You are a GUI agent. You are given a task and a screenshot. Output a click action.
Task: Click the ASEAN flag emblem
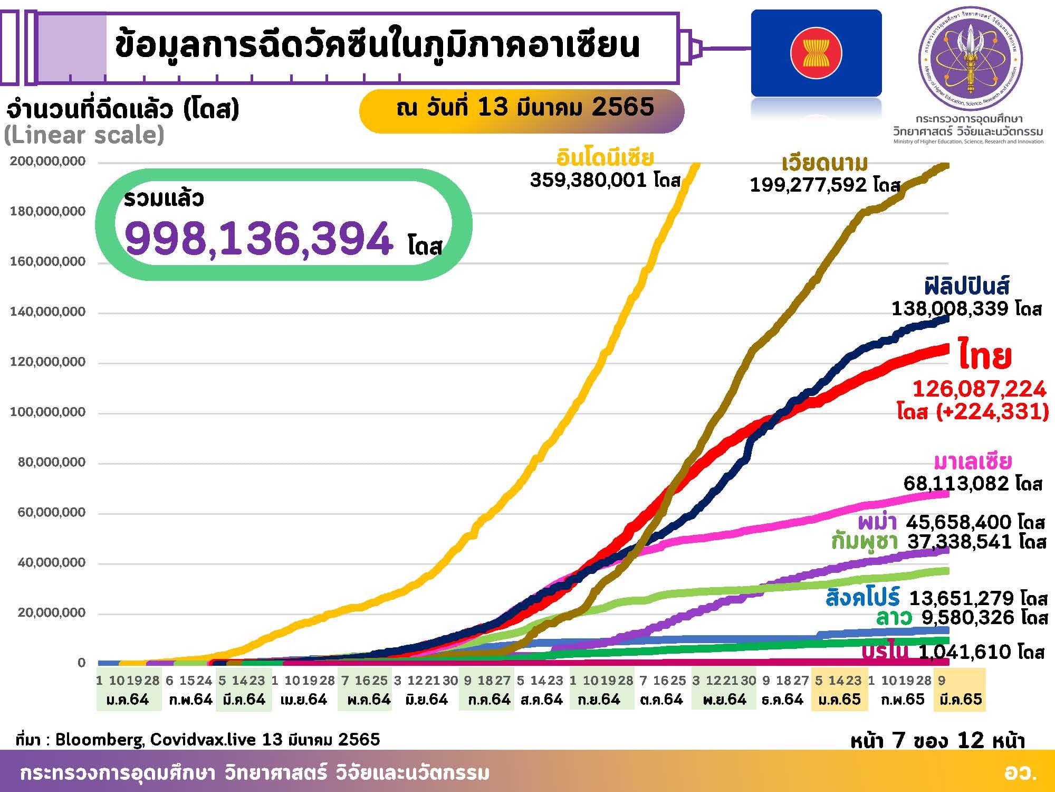816,53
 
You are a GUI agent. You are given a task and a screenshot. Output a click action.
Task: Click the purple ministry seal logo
971,59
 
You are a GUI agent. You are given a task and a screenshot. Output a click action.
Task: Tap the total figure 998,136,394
259,239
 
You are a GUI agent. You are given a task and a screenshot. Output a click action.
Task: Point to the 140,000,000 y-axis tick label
47,312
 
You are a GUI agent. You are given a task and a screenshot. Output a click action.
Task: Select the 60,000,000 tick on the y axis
52,512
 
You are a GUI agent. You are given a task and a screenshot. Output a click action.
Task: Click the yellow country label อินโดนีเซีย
605,158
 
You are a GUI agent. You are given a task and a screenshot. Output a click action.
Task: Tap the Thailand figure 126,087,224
979,389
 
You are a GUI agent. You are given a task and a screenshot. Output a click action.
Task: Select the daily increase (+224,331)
992,411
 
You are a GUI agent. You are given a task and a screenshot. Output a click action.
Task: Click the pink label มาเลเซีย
973,462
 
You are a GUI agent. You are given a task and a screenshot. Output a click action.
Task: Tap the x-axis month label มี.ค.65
961,700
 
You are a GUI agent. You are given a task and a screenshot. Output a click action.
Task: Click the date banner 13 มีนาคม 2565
525,108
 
